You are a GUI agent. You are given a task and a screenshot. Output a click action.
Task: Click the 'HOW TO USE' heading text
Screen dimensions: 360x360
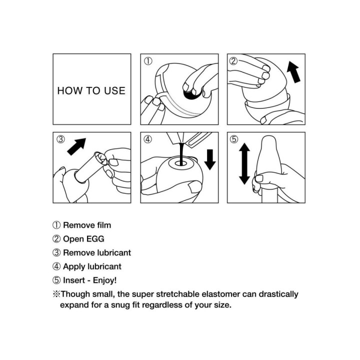(x=91, y=90)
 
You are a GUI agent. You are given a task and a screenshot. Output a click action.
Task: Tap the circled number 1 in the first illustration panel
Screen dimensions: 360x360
(x=148, y=61)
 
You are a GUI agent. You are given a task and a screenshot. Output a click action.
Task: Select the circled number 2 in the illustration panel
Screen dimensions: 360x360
(x=233, y=61)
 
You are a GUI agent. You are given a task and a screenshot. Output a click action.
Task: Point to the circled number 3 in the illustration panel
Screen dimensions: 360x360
(x=61, y=139)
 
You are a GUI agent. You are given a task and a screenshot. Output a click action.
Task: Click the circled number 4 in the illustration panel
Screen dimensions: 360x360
(x=148, y=139)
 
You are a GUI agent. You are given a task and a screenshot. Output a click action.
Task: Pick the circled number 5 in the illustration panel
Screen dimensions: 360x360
(x=234, y=139)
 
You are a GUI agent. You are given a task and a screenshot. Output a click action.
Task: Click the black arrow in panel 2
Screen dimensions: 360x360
(x=294, y=72)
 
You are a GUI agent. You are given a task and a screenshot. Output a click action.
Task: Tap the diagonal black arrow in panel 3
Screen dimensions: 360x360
(x=76, y=146)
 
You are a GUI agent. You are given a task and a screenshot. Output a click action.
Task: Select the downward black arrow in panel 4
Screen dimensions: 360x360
(x=210, y=159)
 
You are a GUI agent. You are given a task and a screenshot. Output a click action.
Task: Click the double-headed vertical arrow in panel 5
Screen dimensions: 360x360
(x=244, y=163)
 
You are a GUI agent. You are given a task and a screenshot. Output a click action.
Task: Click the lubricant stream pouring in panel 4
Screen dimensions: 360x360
(x=182, y=153)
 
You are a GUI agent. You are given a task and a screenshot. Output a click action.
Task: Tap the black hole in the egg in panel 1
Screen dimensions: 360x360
(x=192, y=94)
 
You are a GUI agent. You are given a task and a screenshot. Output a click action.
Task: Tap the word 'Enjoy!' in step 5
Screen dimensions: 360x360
(x=104, y=280)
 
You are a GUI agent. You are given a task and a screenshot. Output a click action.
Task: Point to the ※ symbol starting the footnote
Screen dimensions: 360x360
(x=56, y=294)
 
